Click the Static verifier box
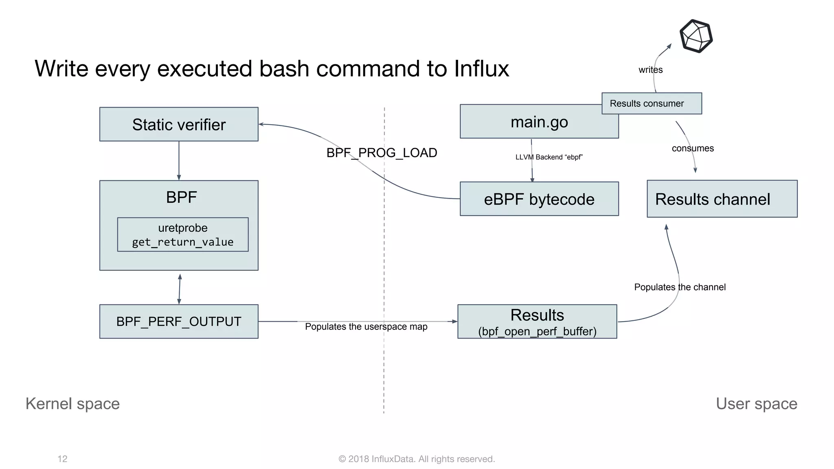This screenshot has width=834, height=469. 179,124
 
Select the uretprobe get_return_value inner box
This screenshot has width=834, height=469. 183,234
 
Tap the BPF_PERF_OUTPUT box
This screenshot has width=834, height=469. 179,321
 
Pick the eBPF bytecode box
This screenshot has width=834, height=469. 539,199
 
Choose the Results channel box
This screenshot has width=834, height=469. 722,199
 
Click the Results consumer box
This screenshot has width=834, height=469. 652,103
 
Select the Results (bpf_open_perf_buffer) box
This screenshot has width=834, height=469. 537,322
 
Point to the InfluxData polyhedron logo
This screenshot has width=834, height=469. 696,36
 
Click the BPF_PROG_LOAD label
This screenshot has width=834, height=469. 382,153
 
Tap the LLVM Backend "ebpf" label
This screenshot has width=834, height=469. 549,157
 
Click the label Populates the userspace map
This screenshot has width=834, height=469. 366,327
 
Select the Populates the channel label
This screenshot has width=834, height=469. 680,287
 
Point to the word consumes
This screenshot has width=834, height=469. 693,148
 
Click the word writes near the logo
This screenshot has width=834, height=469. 650,70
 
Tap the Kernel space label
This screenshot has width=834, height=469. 72,403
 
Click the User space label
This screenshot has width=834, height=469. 756,403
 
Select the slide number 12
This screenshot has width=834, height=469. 62,459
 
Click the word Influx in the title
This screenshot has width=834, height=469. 481,68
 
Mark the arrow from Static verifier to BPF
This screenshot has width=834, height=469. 179,161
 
